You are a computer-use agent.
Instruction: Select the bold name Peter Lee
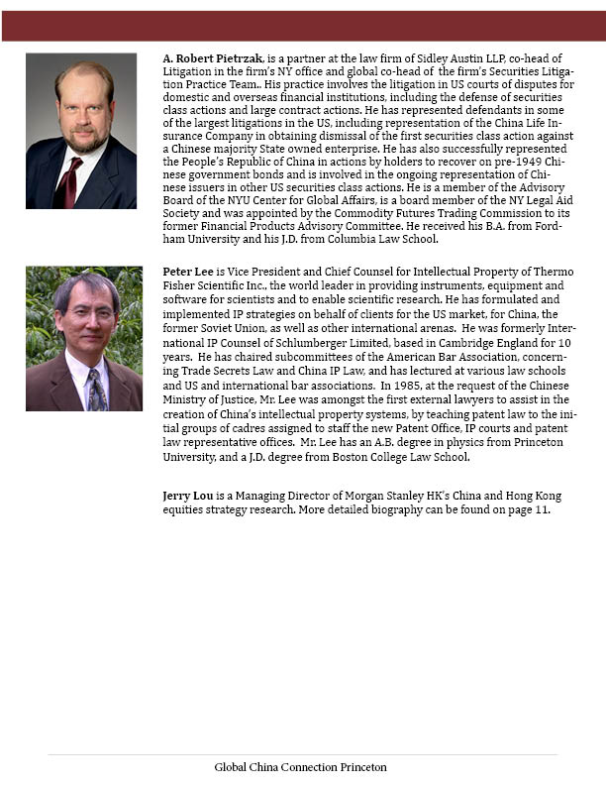pyautogui.click(x=186, y=271)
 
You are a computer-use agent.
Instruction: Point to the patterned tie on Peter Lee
pyautogui.click(x=95, y=388)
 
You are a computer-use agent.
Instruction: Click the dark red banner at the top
pyautogui.click(x=303, y=26)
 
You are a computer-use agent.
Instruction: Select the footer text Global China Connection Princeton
pyautogui.click(x=300, y=767)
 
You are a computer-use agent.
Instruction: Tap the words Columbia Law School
pyautogui.click(x=378, y=239)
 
